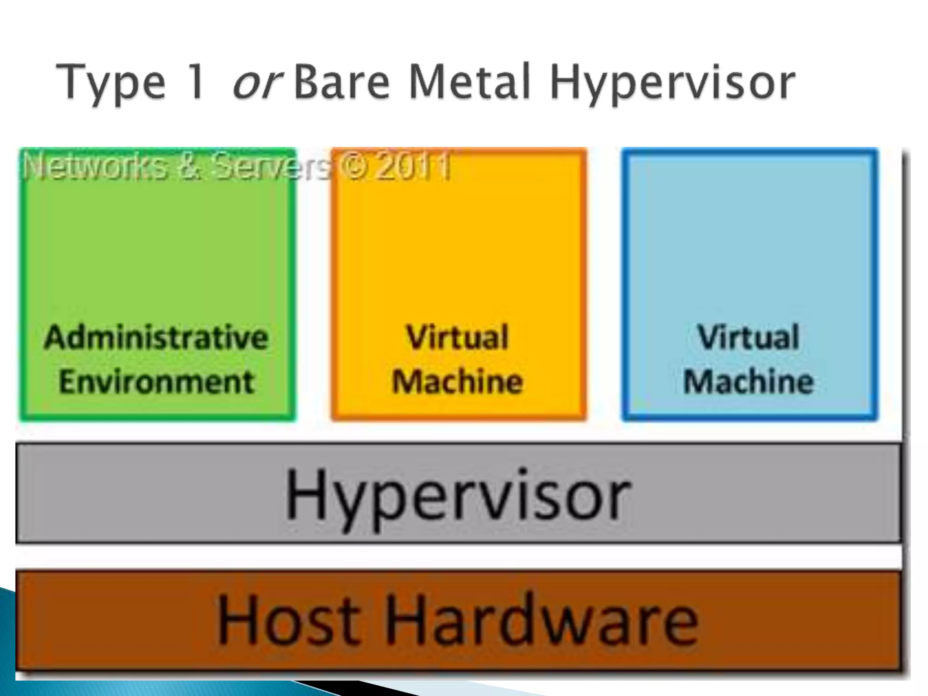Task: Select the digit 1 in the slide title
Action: pyautogui.click(x=196, y=82)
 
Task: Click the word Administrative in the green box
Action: pyautogui.click(x=156, y=338)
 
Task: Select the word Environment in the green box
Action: pyautogui.click(x=157, y=382)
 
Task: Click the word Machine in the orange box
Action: pyautogui.click(x=457, y=382)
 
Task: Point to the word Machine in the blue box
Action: pyautogui.click(x=749, y=382)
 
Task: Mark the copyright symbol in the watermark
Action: pyautogui.click(x=355, y=166)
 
